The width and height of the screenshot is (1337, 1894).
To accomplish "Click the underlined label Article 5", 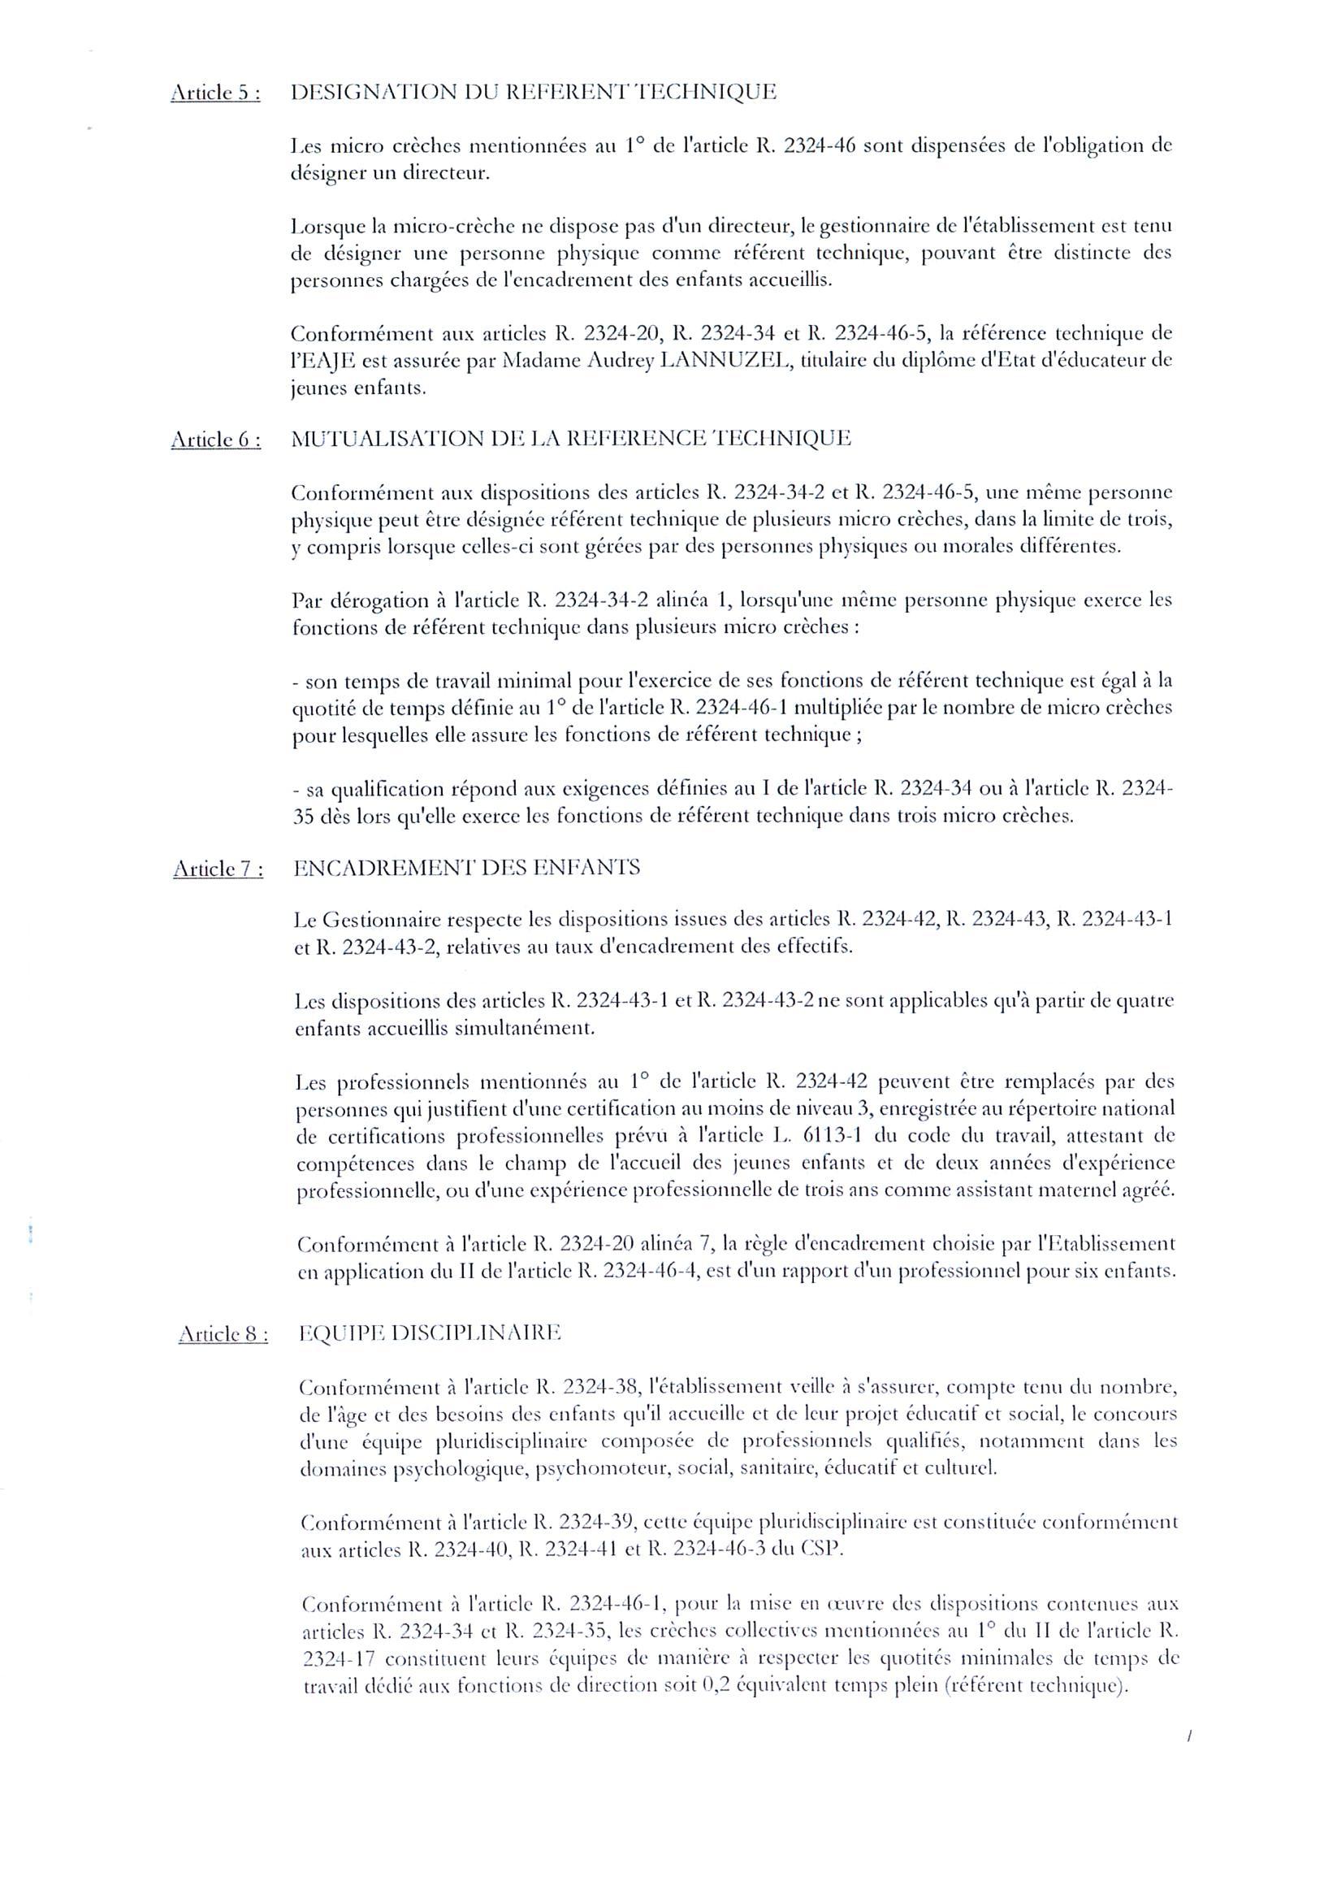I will coord(215,93).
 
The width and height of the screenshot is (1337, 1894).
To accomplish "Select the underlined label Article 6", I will coord(216,440).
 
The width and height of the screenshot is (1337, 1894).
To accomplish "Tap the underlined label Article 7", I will coord(218,869).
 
